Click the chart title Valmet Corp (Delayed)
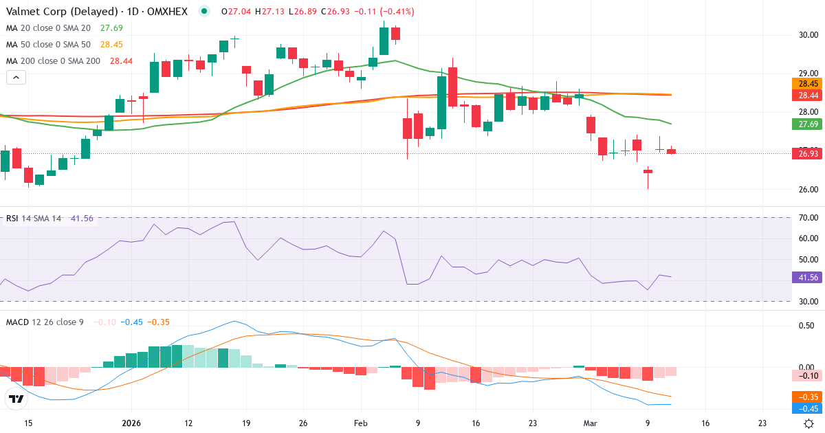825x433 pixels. [x=53, y=12]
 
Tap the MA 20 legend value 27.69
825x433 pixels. [x=111, y=28]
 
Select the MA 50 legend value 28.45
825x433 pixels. [x=111, y=45]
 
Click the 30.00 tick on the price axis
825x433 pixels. [x=807, y=34]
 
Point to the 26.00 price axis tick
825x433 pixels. [x=807, y=190]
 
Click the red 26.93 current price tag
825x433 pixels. [x=807, y=154]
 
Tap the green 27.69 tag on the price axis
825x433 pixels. [x=807, y=124]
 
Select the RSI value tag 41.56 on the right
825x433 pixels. [x=807, y=278]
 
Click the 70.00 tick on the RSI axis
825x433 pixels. [x=807, y=218]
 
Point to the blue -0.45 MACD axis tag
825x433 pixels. [x=807, y=408]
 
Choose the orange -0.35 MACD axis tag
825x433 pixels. [x=807, y=397]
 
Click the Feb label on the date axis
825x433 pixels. [x=361, y=423]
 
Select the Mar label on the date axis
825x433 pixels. [x=590, y=423]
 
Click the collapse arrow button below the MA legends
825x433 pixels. [x=16, y=78]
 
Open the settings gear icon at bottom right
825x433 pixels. [x=810, y=423]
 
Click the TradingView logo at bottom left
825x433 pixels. [x=16, y=399]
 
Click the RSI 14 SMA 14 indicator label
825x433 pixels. [x=34, y=219]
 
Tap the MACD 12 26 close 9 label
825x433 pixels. [x=45, y=322]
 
